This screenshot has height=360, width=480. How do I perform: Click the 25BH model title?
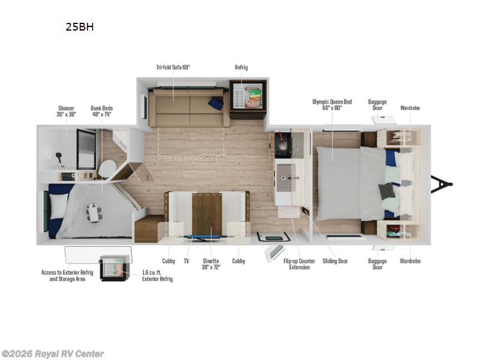click(x=80, y=27)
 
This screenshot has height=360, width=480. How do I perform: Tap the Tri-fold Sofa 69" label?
click(x=174, y=68)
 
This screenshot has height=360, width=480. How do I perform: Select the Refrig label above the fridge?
click(x=241, y=68)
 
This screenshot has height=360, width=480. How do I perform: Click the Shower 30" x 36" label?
click(x=67, y=111)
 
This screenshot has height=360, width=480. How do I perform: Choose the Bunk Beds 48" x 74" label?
click(x=101, y=111)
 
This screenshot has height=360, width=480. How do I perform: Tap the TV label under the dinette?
click(x=187, y=261)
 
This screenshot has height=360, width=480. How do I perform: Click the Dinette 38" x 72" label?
click(x=211, y=264)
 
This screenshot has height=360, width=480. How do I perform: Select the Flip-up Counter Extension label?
click(x=299, y=264)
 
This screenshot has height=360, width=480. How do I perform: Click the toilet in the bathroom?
click(x=107, y=168)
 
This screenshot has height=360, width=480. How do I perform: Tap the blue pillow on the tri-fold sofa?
click(x=216, y=104)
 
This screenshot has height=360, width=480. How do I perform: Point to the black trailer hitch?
click(x=442, y=184)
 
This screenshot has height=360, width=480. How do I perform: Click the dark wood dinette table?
click(x=207, y=212)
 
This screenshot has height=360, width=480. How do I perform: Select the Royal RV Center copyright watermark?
click(x=53, y=354)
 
